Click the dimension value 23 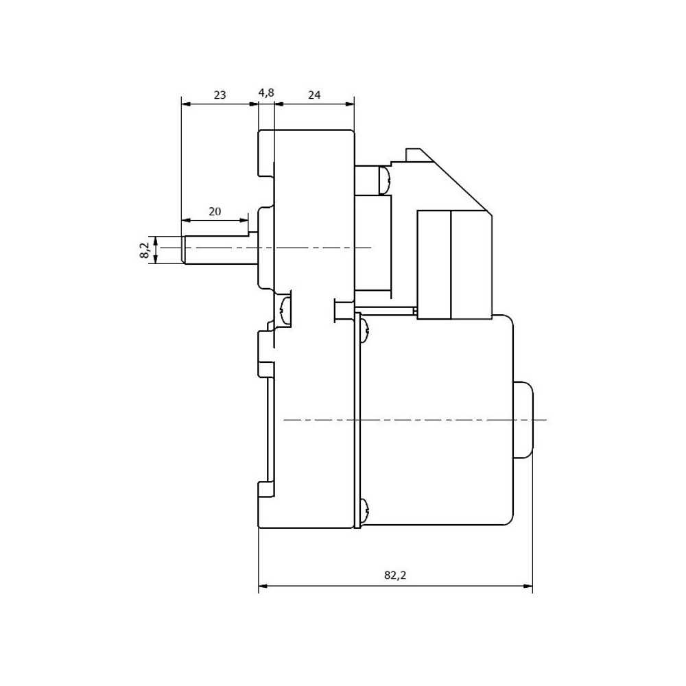pyautogui.click(x=220, y=95)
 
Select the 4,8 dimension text pyautogui.click(x=266, y=93)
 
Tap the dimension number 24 pyautogui.click(x=314, y=95)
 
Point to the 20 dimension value pyautogui.click(x=214, y=211)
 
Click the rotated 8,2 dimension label pyautogui.click(x=145, y=250)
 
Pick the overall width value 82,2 pyautogui.click(x=395, y=575)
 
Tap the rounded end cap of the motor pyautogui.click(x=523, y=420)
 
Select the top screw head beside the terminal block pyautogui.click(x=385, y=180)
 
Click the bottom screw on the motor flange pyautogui.click(x=365, y=512)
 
